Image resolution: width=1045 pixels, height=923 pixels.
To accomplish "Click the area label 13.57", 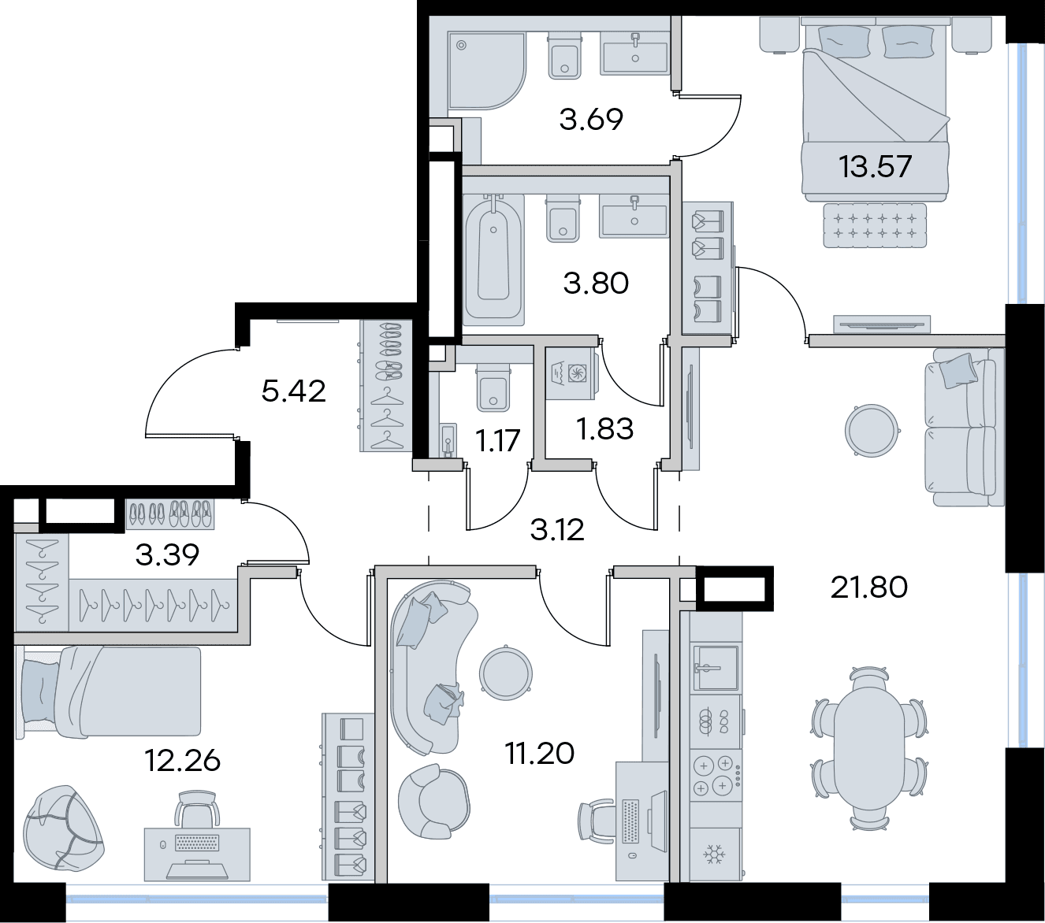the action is point(876,167).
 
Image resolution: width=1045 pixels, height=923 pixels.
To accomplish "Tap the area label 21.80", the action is point(869,588).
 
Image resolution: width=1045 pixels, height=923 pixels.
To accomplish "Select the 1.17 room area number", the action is point(497,441).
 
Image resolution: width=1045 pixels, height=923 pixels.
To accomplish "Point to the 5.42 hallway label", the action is point(293,391).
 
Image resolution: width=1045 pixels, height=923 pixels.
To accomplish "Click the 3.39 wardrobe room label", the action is point(167,555).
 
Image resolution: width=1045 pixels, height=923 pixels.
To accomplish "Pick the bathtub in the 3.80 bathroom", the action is point(493,260).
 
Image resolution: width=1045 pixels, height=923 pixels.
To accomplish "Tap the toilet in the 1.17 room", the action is point(493,387).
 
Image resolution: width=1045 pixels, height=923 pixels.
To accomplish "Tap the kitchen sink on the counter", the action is point(716,667).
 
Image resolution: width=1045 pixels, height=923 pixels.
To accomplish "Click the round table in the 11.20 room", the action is point(505,673).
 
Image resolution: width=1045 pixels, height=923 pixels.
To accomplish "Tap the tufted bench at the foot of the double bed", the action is point(874,226).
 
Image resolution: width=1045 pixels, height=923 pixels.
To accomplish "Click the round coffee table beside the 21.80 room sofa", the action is point(872,430).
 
